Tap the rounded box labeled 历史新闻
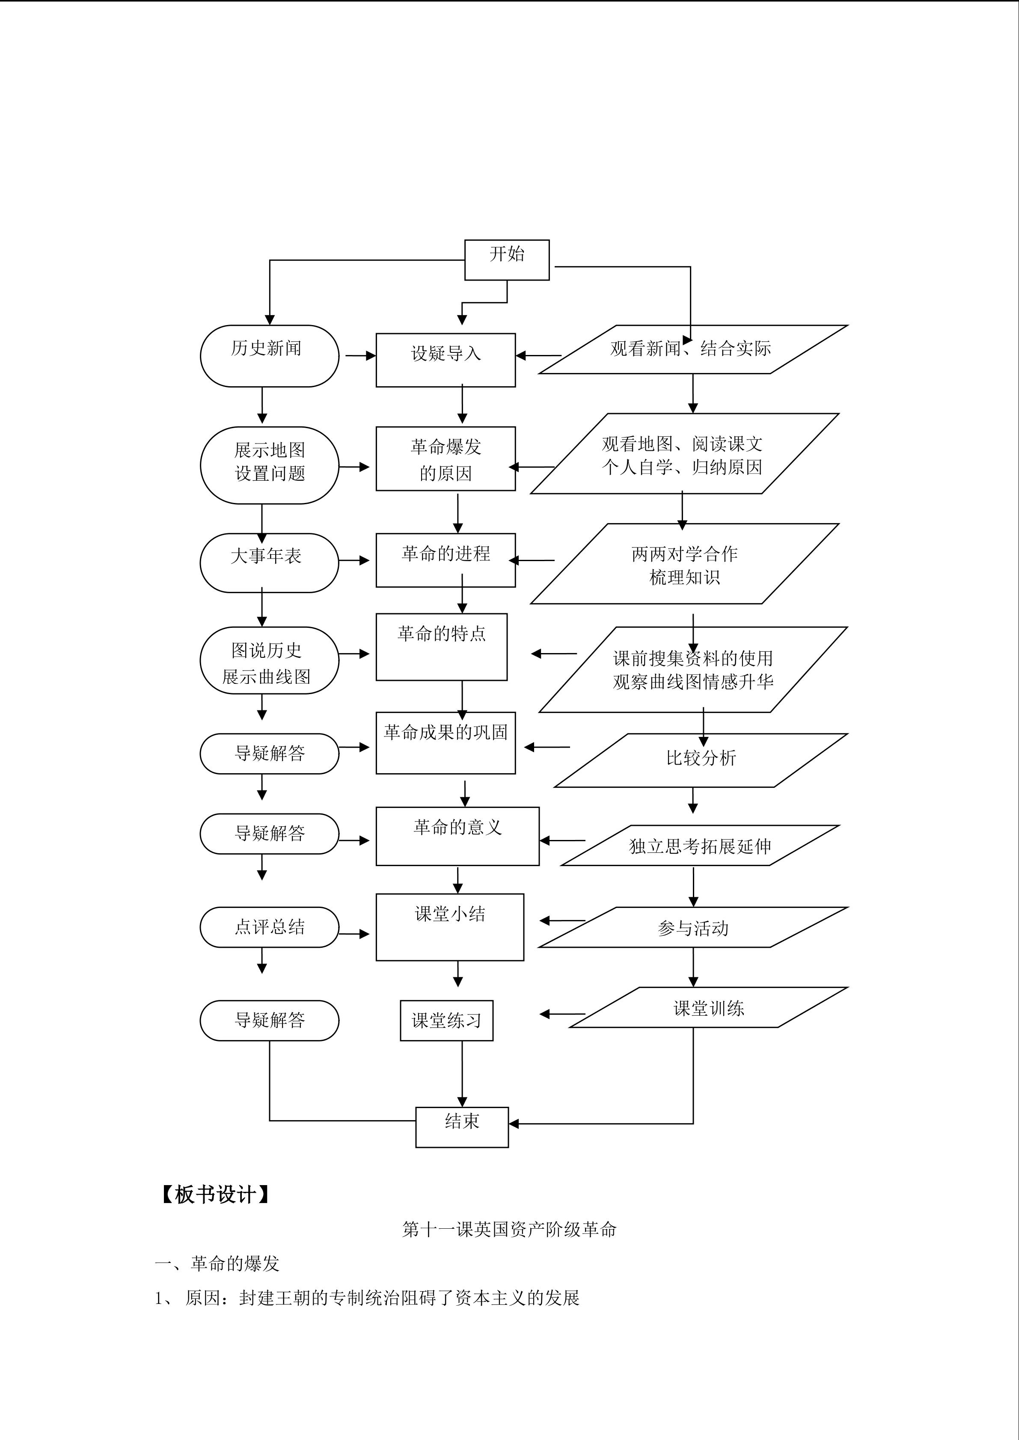point(269,355)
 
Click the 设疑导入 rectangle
point(446,360)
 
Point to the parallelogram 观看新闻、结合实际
point(693,349)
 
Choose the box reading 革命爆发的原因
point(446,459)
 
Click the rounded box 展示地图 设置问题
point(269,465)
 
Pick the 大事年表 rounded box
point(269,562)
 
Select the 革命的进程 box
point(446,560)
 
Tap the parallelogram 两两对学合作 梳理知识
point(685,564)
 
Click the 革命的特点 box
point(441,647)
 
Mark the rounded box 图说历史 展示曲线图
point(269,660)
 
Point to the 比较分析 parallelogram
point(701,760)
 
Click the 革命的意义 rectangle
point(458,836)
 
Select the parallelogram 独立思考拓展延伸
point(700,846)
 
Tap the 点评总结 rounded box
point(269,927)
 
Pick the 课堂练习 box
point(446,1020)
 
